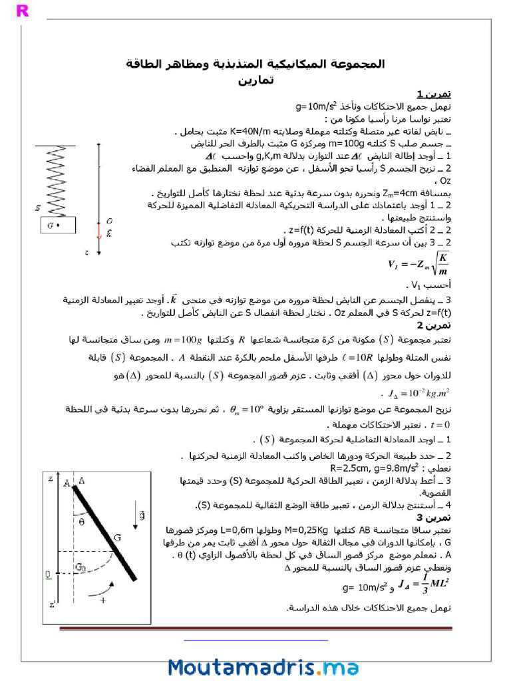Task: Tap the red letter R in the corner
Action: pos(22,10)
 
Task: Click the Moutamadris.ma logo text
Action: pos(263,667)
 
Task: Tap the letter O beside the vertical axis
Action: pos(109,221)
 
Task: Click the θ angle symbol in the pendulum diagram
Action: pos(81,522)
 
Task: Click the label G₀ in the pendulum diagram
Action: pos(79,567)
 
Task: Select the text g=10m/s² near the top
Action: pos(321,106)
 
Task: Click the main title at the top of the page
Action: pos(255,64)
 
